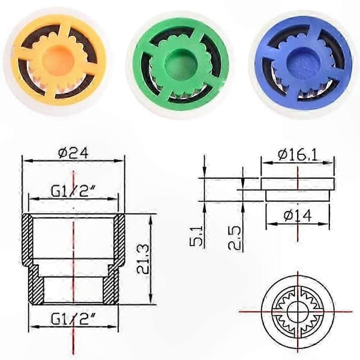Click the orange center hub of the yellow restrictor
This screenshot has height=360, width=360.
point(55,59)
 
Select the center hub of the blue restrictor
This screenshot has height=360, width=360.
point(300,61)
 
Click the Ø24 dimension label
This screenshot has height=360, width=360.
point(73,153)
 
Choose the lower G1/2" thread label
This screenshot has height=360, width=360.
point(73,319)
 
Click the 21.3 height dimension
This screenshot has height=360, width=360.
point(142,259)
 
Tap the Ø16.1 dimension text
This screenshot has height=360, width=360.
point(298,155)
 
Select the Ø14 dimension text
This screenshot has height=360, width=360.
point(298,215)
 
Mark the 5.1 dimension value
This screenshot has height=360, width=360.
point(196,236)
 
